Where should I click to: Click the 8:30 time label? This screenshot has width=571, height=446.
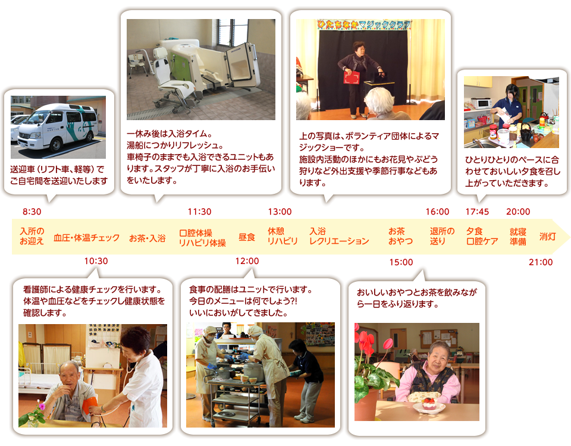click(32, 212)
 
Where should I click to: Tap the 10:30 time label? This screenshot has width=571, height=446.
click(96, 261)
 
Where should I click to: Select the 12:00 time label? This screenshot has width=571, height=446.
click(247, 261)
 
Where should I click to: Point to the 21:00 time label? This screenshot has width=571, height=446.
click(541, 262)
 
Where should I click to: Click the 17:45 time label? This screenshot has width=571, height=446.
click(477, 212)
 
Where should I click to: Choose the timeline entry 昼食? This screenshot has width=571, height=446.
click(247, 237)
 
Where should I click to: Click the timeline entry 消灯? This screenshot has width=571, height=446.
click(547, 237)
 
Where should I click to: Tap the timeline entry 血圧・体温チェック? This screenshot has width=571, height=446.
click(87, 238)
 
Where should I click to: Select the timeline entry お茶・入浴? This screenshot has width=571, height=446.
click(148, 238)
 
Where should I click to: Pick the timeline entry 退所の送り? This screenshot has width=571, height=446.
click(442, 236)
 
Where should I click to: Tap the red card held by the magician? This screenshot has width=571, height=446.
click(352, 77)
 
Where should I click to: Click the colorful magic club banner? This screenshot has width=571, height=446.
click(364, 25)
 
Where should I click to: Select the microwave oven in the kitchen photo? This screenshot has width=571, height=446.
click(481, 103)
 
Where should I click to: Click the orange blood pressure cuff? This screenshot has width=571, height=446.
click(90, 405)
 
